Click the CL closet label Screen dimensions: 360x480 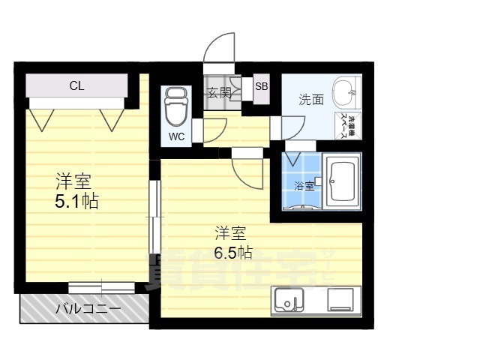(76, 85)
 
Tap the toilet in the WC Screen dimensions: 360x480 (176, 107)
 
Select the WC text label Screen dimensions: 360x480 (176, 136)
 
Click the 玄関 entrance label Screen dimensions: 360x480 (219, 93)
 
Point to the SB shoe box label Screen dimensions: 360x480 (261, 86)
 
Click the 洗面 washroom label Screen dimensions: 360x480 (310, 99)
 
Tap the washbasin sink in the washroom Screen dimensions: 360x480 (346, 93)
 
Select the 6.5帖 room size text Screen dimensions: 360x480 (233, 252)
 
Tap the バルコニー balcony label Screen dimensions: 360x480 (88, 308)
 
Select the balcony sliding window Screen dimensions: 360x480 (101, 287)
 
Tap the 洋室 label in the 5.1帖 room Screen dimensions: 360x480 (73, 181)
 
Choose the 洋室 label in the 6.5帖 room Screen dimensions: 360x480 (232, 232)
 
